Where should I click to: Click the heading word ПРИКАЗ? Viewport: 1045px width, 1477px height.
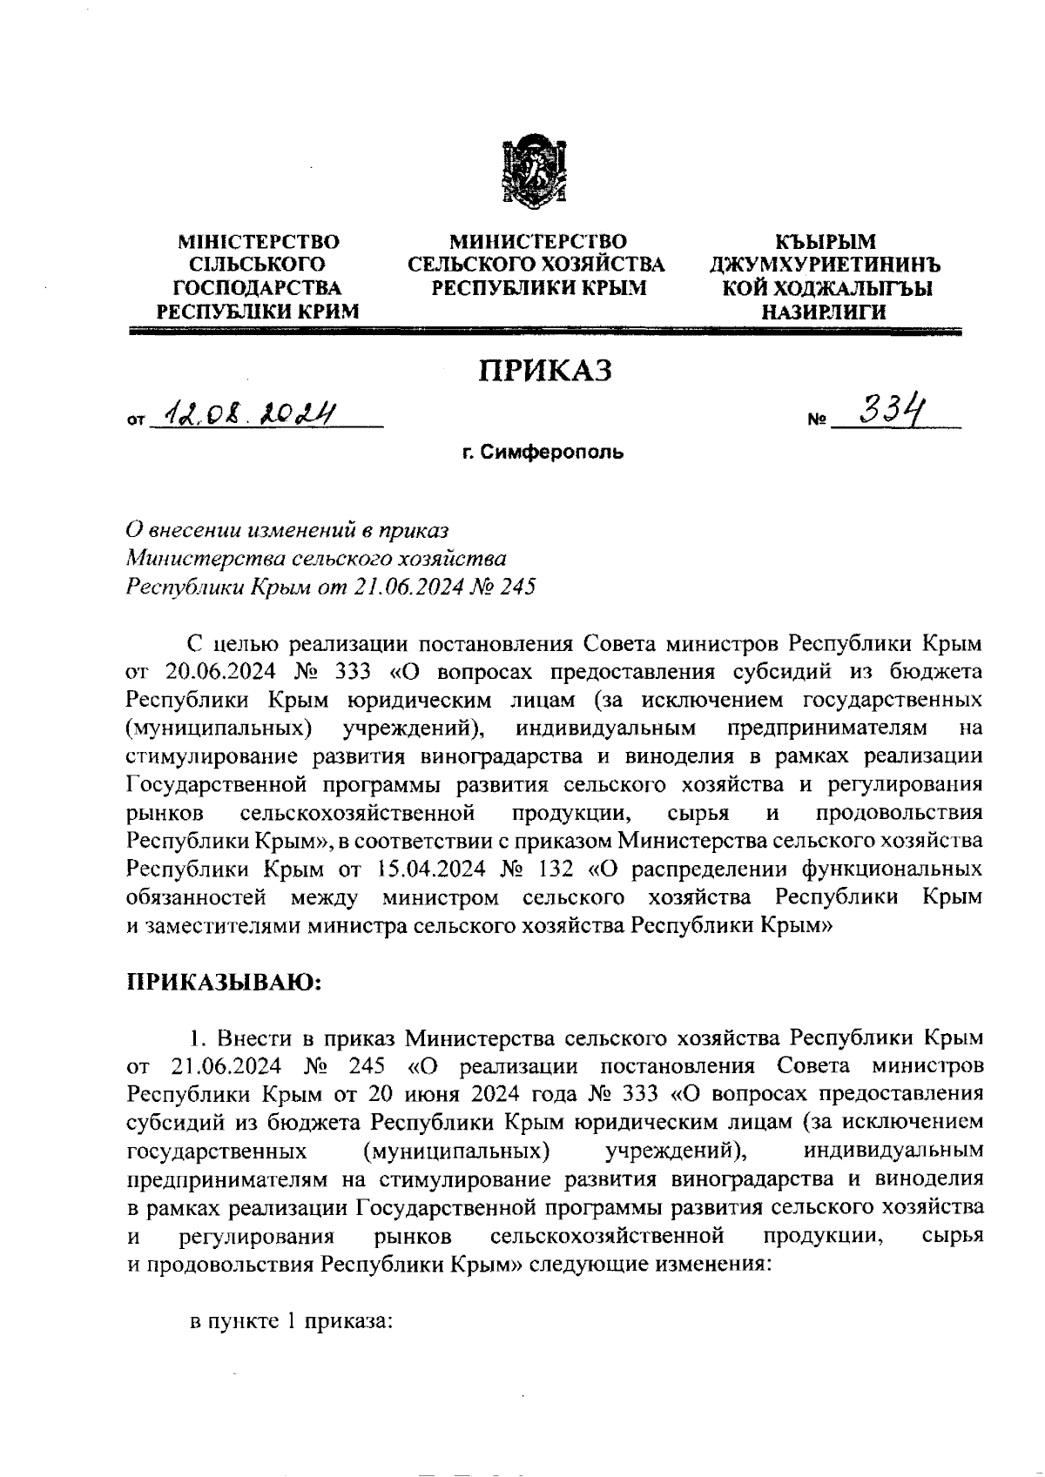coord(544,371)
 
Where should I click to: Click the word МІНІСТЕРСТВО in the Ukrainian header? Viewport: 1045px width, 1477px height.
coord(258,241)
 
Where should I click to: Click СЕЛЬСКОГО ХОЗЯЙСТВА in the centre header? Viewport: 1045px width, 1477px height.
coord(536,264)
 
